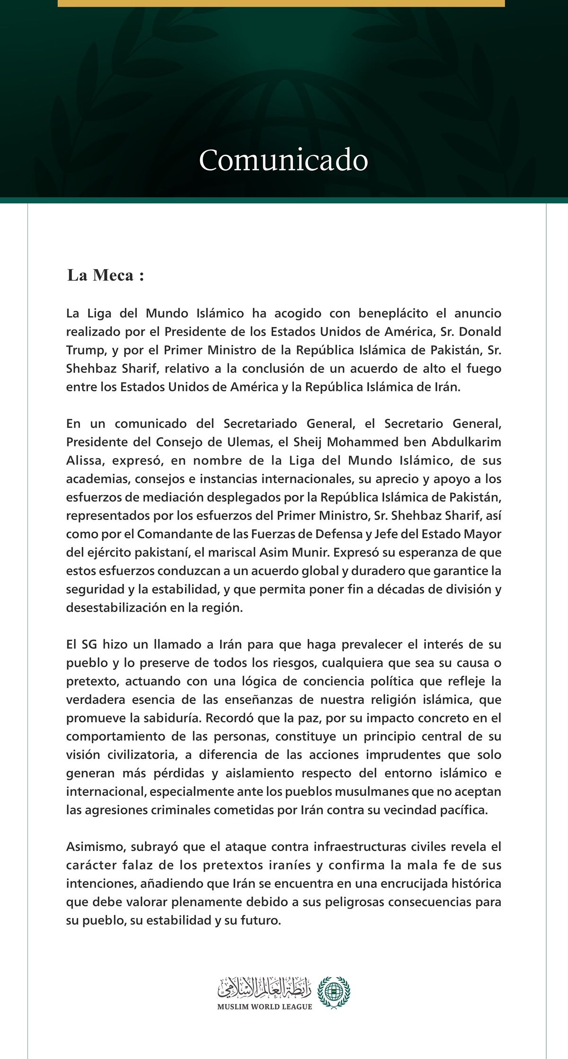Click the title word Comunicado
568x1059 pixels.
tap(283, 161)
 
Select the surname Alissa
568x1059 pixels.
tap(81, 460)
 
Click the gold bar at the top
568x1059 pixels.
tap(281, 3)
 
